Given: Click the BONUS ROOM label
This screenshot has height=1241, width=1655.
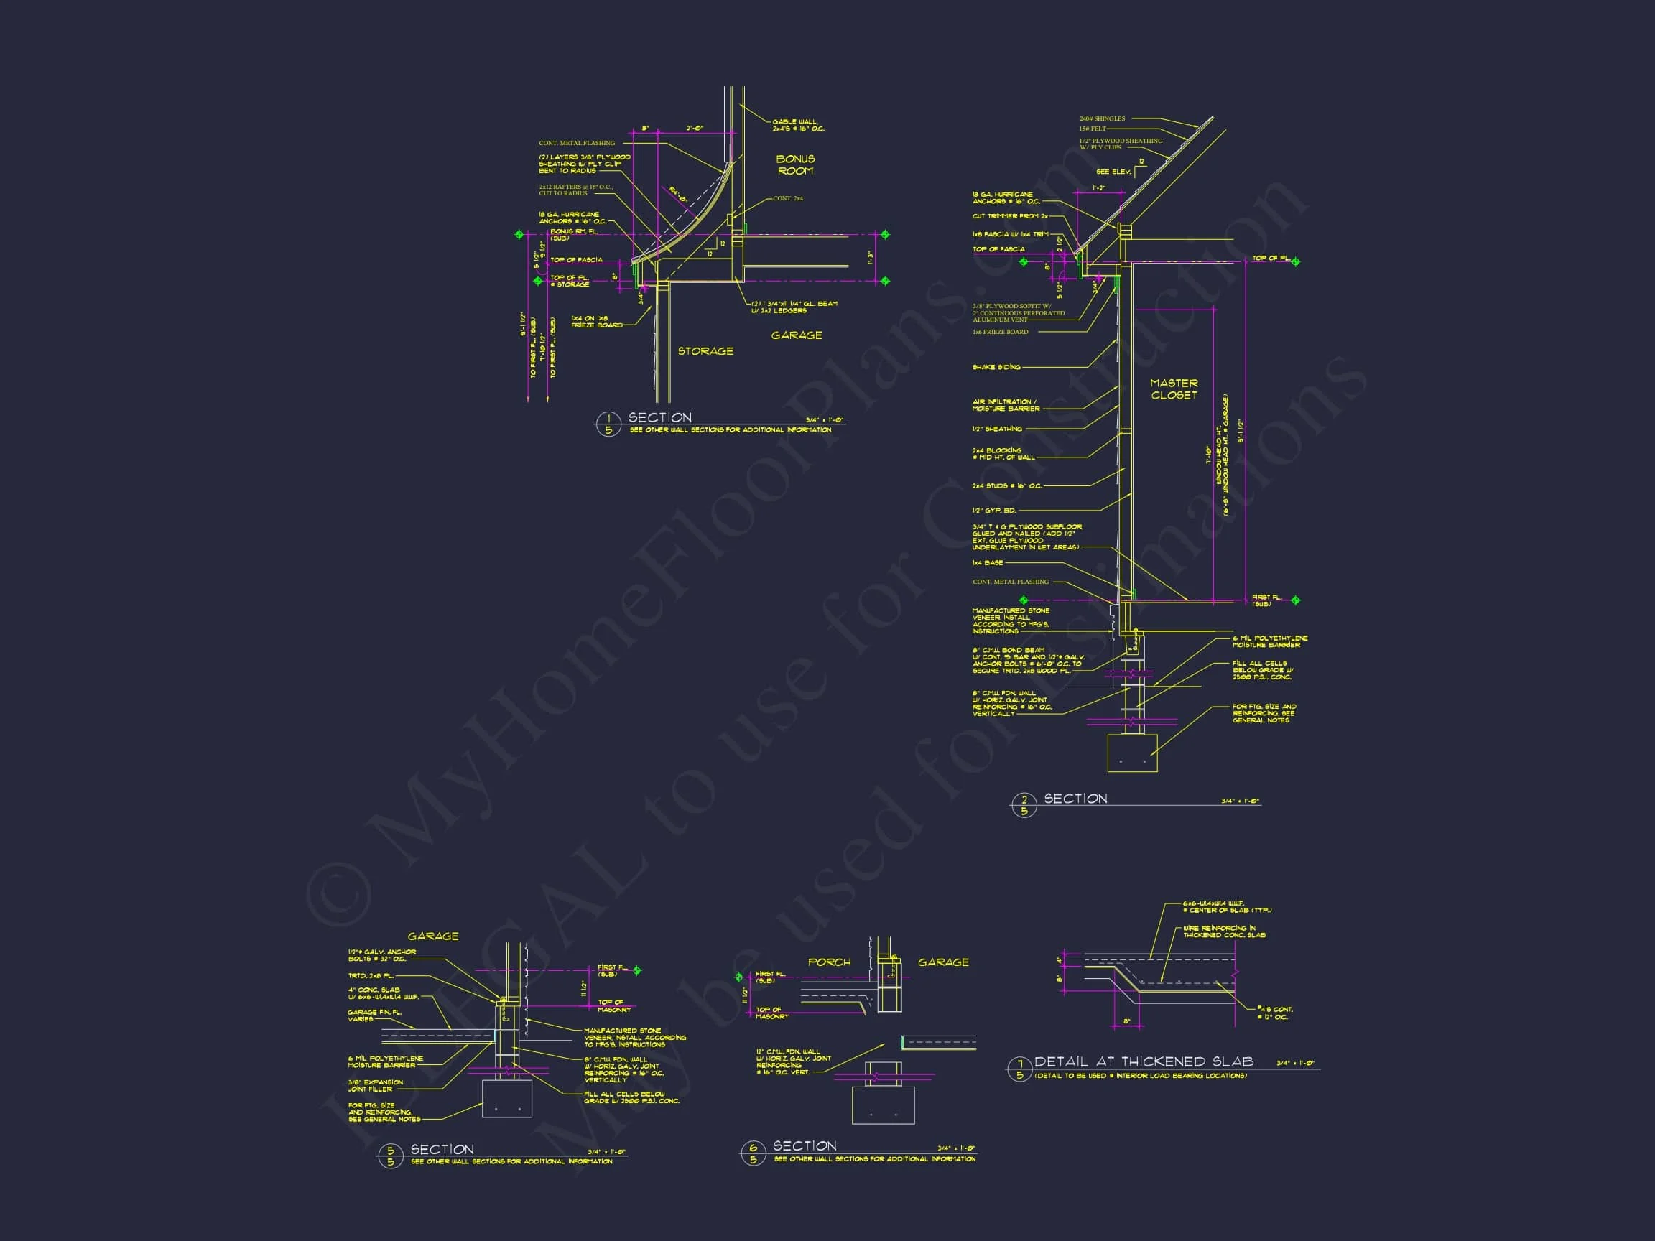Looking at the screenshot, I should [794, 164].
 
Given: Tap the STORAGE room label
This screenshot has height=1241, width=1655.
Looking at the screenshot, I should [705, 351].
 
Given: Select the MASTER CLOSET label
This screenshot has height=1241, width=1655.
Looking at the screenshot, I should [1173, 389].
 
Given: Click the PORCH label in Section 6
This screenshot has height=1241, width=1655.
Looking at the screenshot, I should [829, 962].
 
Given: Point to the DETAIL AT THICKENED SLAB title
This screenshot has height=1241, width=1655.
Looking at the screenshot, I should [1144, 1061].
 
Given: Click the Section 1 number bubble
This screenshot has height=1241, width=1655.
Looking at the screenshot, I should [608, 424].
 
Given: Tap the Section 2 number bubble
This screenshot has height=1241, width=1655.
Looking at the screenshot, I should [1024, 806].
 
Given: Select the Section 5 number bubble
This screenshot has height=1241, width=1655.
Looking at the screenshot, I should [390, 1156].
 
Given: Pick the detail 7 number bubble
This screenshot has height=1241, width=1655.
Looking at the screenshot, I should [1019, 1069].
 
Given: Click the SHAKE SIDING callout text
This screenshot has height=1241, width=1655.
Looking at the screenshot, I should [996, 367].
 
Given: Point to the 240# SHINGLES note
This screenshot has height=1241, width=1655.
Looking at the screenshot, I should [1101, 119].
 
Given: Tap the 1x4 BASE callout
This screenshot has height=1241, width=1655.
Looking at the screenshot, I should [988, 562].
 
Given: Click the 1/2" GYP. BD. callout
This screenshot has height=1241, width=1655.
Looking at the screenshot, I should [993, 510].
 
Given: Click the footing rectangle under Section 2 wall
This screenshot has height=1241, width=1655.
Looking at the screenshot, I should [1132, 753].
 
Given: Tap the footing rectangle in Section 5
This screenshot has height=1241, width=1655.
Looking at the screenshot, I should [506, 1098].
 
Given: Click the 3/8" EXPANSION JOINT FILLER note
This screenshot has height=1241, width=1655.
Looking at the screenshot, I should [375, 1085].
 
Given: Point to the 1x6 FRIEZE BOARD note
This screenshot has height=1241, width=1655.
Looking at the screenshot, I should [1000, 332].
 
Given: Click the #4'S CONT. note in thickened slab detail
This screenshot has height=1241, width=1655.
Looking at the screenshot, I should [1276, 1013].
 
